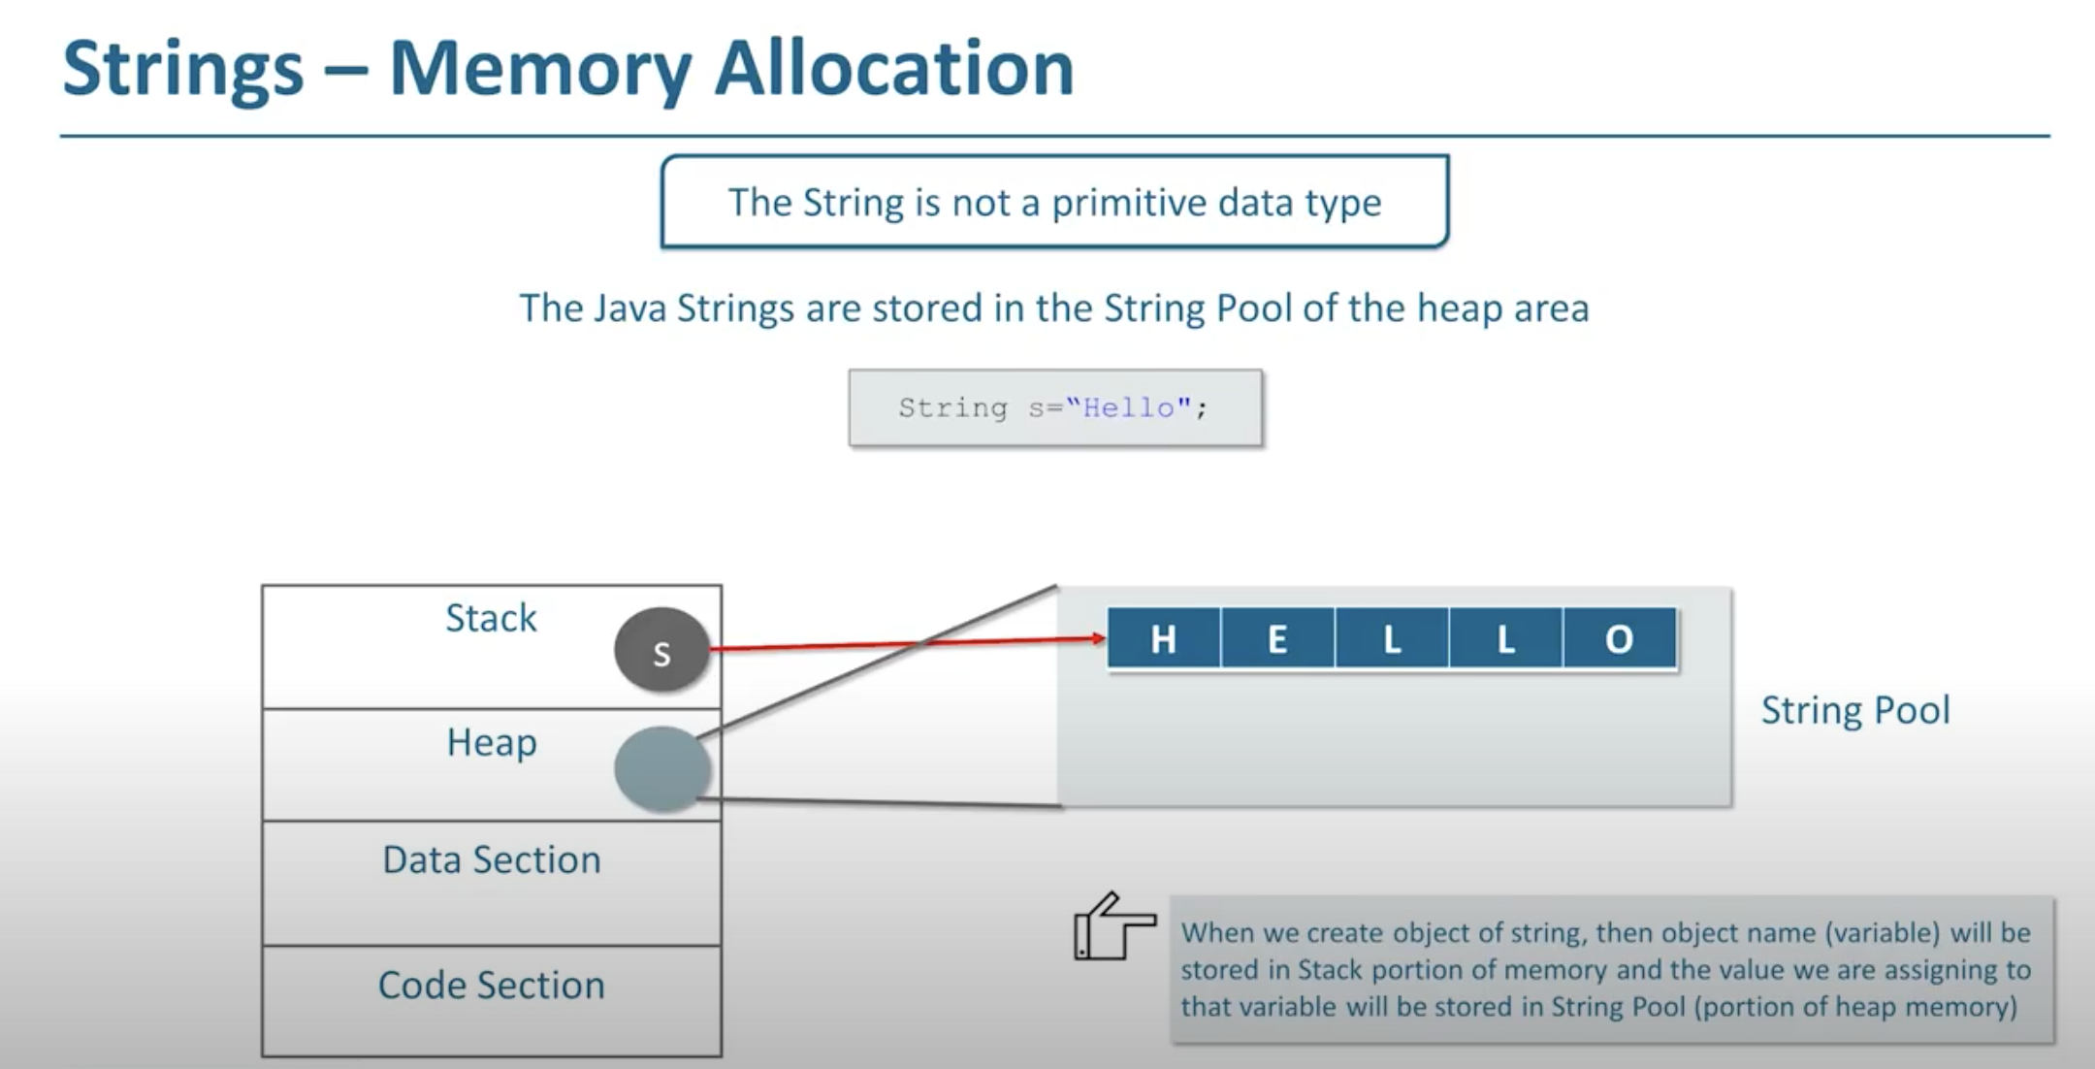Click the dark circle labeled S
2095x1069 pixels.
[x=661, y=649]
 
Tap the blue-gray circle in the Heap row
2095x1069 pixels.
[x=662, y=768]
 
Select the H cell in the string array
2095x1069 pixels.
[x=1164, y=638]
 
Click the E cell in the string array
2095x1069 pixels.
[x=1277, y=638]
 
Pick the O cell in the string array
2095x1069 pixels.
[x=1620, y=638]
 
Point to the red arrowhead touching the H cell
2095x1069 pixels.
[x=1099, y=637]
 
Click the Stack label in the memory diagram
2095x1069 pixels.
[x=491, y=618]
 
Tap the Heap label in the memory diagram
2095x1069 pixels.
[x=492, y=743]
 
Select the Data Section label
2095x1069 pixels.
[x=492, y=859]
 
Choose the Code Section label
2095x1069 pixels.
[x=492, y=985]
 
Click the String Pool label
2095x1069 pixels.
[x=1855, y=710]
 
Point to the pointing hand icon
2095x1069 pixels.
[x=1114, y=926]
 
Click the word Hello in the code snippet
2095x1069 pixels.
[x=1128, y=407]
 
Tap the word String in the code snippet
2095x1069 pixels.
[x=952, y=408]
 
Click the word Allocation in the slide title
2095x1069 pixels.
[x=894, y=69]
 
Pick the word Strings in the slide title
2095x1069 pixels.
[x=183, y=70]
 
